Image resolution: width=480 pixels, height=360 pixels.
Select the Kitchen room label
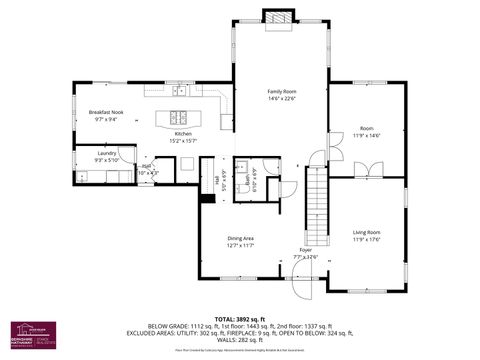point(182,133)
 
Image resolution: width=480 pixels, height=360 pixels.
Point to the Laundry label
point(106,153)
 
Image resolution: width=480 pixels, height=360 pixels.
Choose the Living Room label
point(367,232)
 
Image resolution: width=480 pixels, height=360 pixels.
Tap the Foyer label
point(305,249)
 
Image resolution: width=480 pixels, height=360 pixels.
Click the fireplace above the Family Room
point(275,17)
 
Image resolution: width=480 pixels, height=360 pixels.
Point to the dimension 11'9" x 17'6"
point(367,240)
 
